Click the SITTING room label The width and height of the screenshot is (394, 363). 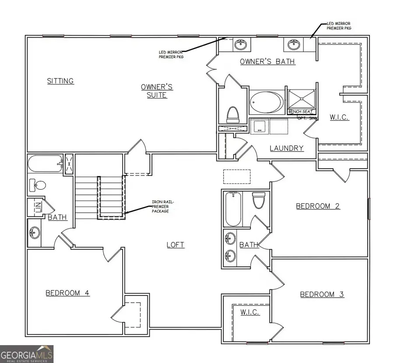(60, 81)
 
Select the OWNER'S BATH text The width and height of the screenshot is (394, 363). (267, 62)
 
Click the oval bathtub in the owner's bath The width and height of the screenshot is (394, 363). (267, 102)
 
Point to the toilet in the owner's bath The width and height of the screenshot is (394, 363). (233, 115)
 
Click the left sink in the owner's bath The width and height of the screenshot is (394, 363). (239, 44)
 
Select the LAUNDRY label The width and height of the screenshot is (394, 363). (286, 148)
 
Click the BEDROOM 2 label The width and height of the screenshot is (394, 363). (318, 206)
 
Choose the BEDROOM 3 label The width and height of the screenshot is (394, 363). (322, 294)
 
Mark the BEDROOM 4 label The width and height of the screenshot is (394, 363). (68, 293)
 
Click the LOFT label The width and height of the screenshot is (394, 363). (175, 245)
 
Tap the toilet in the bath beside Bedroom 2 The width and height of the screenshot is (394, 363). (259, 201)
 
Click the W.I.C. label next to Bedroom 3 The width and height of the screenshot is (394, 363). (250, 312)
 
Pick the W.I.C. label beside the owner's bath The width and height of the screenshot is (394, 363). (339, 117)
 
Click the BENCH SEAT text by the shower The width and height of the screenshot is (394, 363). (300, 112)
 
